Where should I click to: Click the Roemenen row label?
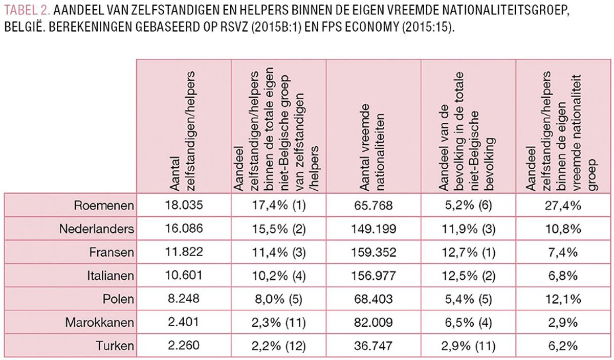pyautogui.click(x=104, y=206)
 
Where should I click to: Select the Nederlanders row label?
pyautogui.click(x=97, y=229)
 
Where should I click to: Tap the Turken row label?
pyautogui.click(x=115, y=346)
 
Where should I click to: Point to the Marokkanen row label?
pyautogui.click(x=99, y=323)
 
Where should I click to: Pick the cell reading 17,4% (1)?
pyautogui.click(x=278, y=206)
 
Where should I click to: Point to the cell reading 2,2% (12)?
pyautogui.click(x=278, y=346)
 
